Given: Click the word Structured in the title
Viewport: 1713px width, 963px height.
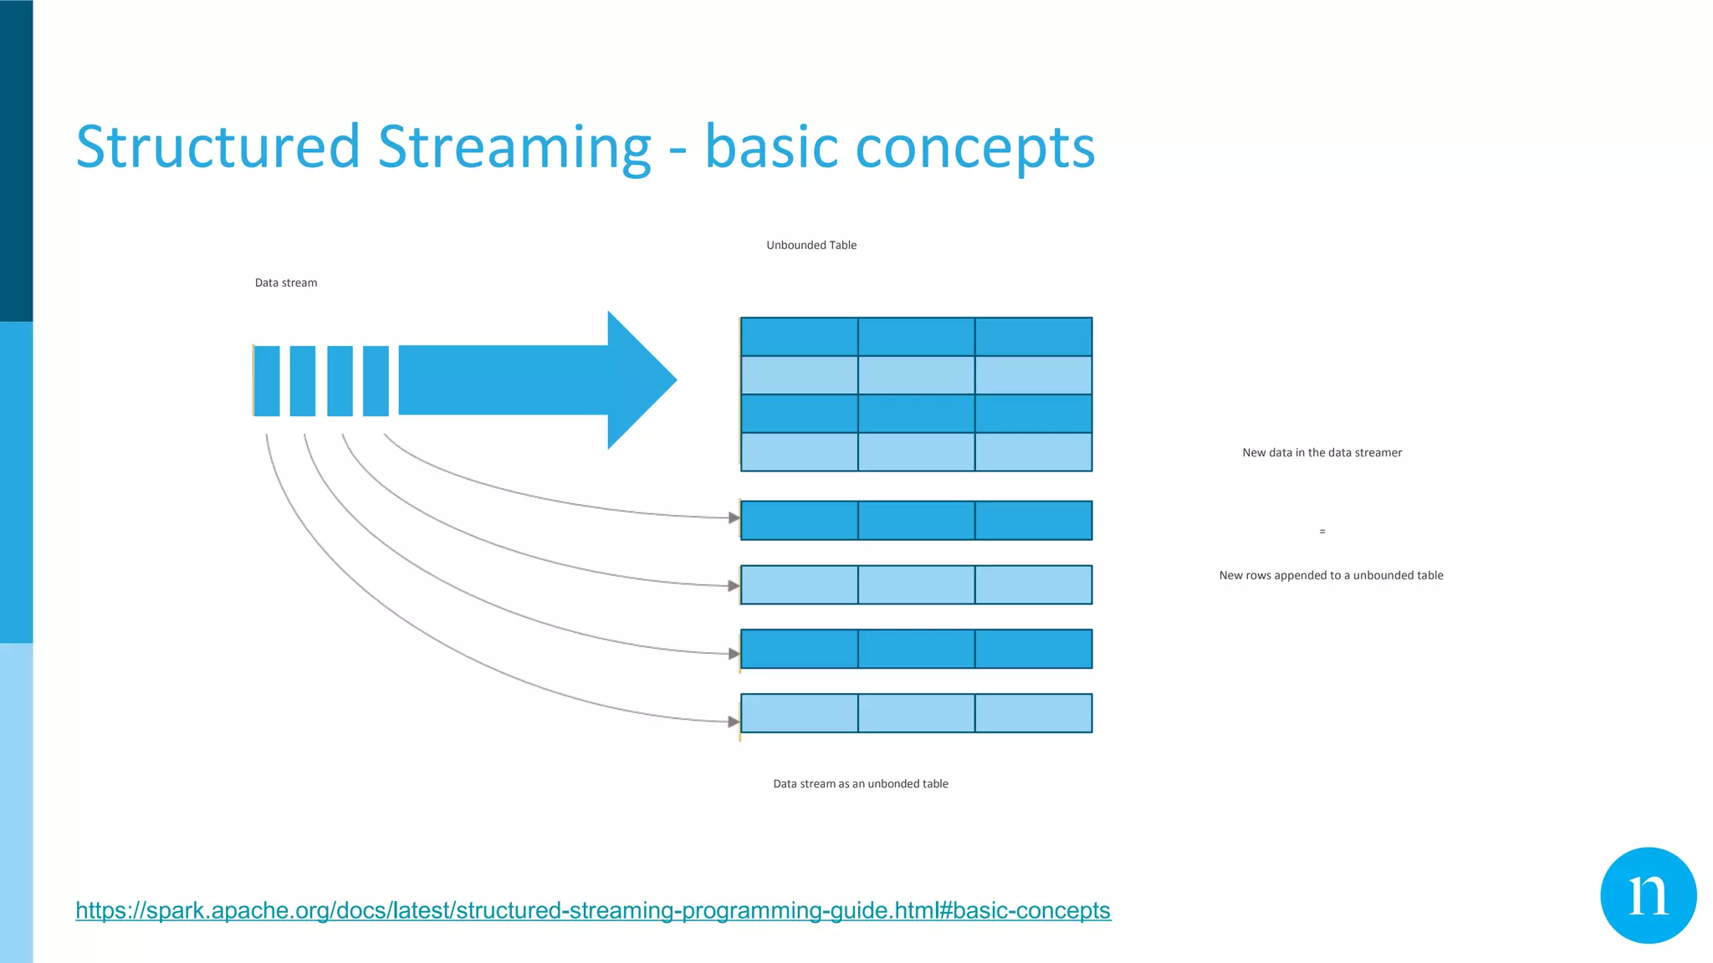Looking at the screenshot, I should coord(217,147).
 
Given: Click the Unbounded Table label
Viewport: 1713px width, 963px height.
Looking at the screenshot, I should coord(811,245).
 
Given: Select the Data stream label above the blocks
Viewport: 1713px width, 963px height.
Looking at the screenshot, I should coord(286,283).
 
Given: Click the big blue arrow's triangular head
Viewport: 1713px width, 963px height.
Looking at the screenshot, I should coord(640,380).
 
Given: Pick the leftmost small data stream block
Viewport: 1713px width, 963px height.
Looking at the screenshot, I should coord(267,380).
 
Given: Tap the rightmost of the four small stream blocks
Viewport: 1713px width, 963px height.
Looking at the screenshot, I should coord(376,380).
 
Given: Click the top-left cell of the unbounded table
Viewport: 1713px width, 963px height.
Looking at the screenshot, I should coord(799,337).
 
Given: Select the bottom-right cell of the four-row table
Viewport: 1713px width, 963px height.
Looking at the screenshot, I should coord(1033,452).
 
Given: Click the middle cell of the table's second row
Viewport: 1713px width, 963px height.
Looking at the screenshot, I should coord(916,375).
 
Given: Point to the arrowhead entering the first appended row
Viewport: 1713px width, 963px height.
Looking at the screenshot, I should coord(734,518).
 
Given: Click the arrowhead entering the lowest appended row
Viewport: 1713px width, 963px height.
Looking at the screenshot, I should coord(734,721).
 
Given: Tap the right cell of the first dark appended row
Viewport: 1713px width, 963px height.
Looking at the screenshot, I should coord(1033,521).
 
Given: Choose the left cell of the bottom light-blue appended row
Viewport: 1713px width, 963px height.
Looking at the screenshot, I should coord(799,713).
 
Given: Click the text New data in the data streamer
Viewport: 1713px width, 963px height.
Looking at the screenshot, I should coord(1322,452).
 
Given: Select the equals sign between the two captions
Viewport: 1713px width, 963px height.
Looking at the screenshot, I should coord(1322,532).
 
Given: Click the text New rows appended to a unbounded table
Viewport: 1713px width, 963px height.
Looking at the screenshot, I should coord(1331,575).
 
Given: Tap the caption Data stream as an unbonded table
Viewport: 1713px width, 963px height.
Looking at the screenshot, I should coord(861,783).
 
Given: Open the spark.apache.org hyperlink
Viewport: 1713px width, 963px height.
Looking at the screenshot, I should coord(592,909).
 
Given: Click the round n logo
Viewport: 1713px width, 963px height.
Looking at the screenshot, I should coord(1648,895).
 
